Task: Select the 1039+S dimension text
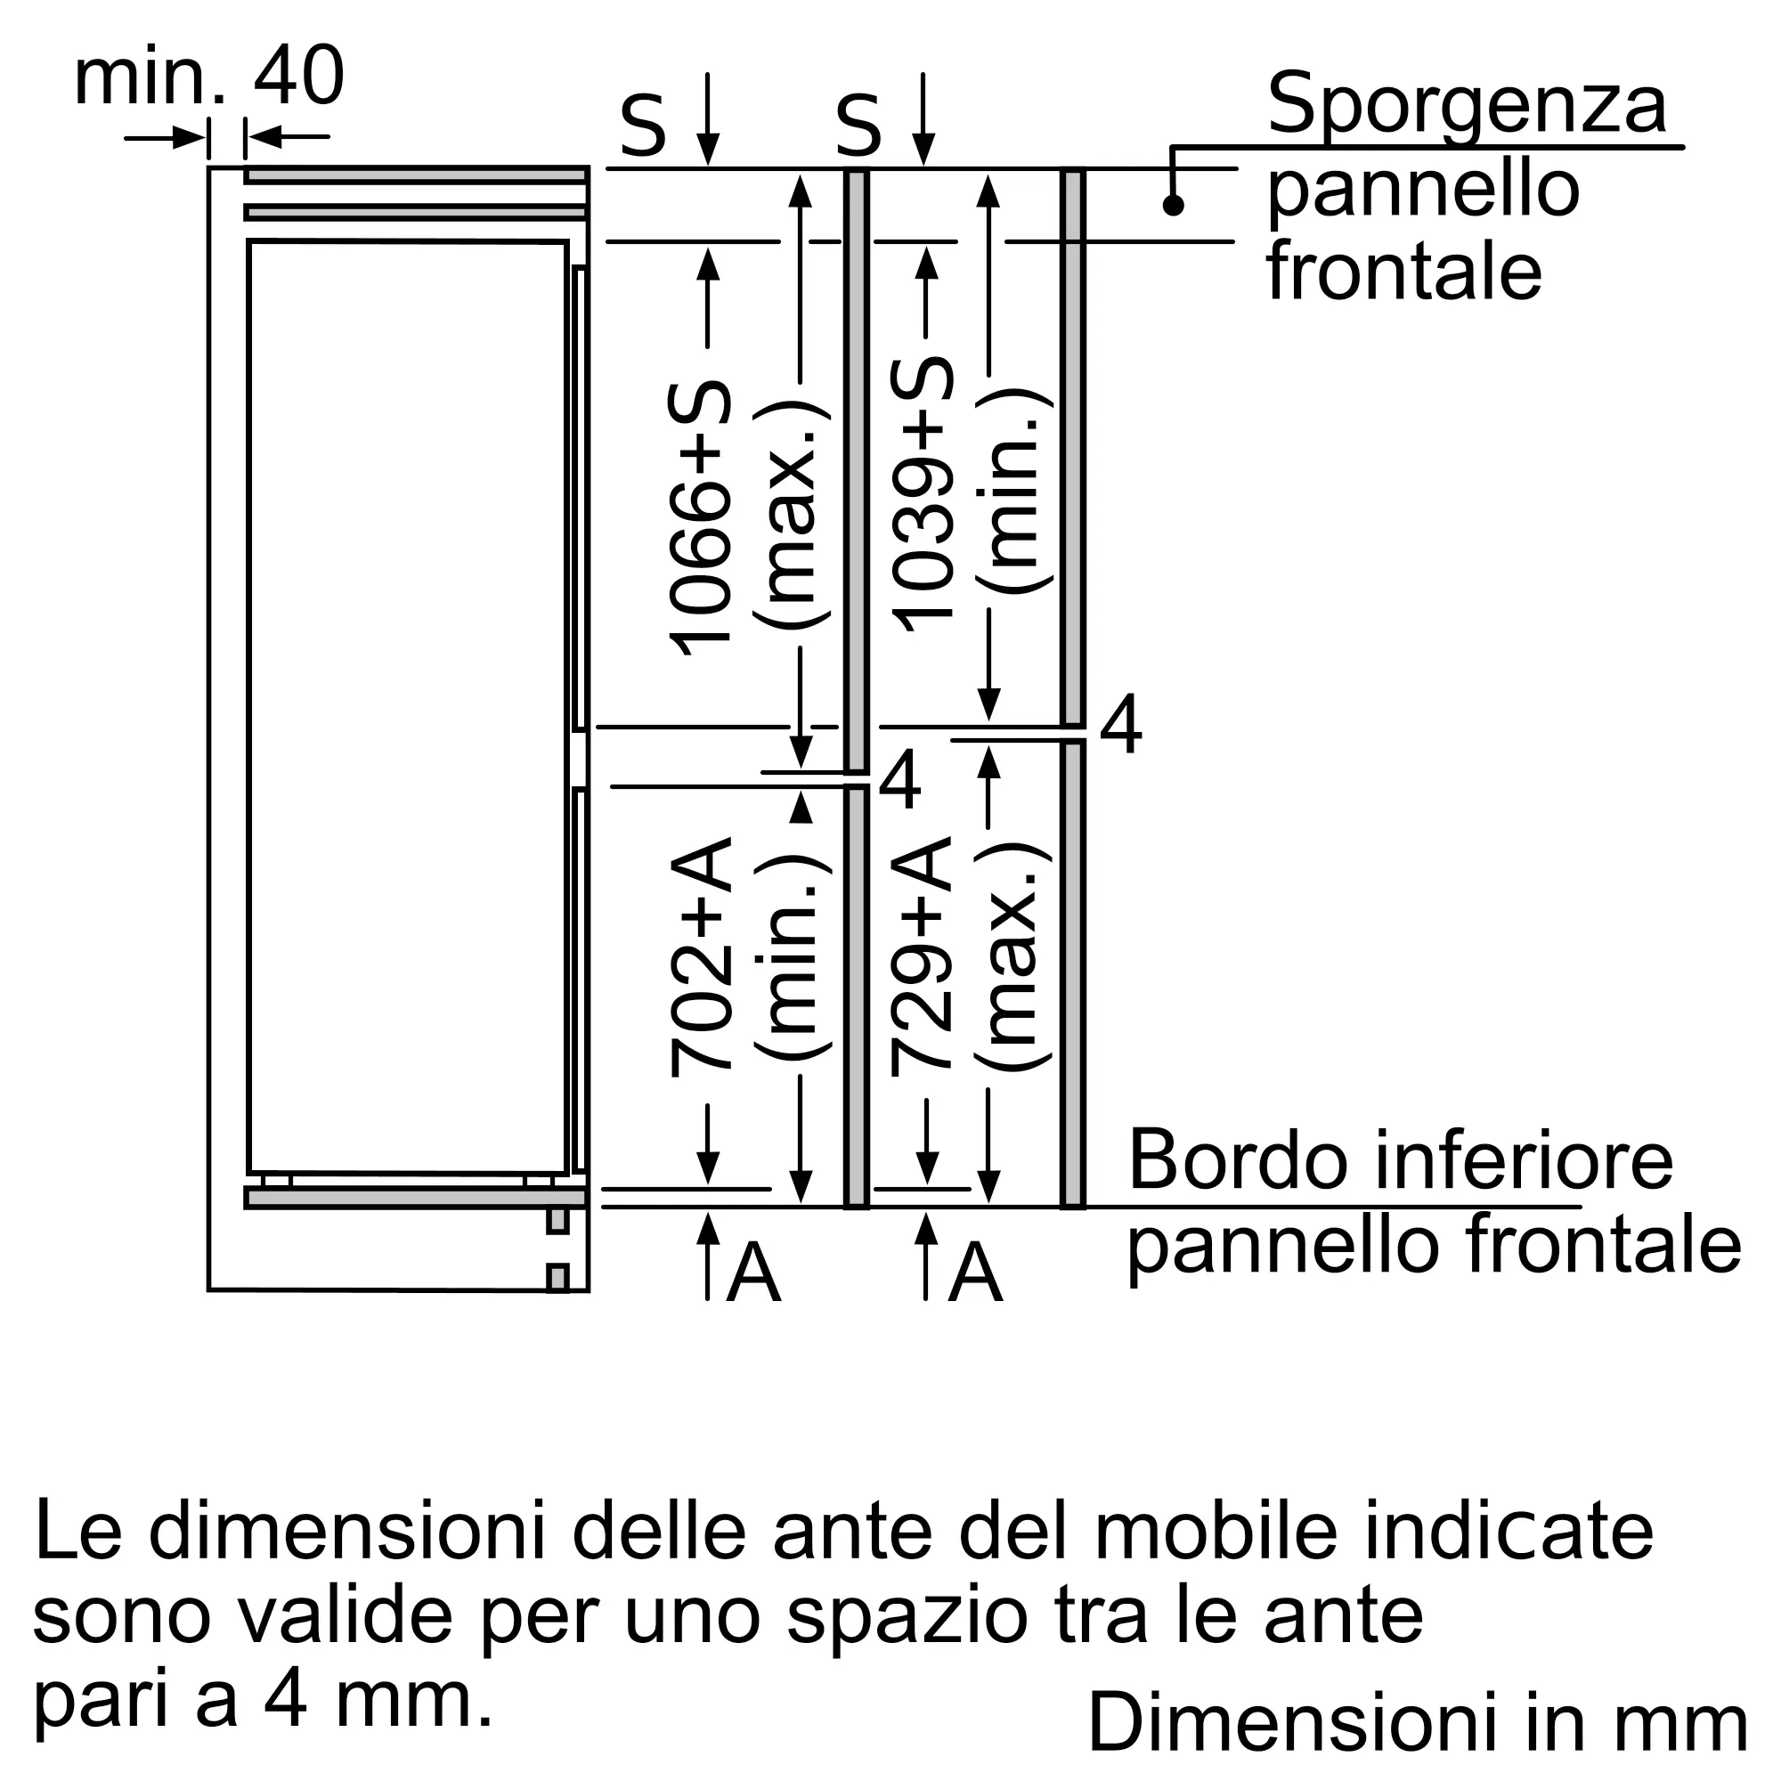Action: coord(922,494)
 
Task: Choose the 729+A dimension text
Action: coord(922,955)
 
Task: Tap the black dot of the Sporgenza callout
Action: coord(1173,205)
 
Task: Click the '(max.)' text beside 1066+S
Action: coord(793,516)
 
